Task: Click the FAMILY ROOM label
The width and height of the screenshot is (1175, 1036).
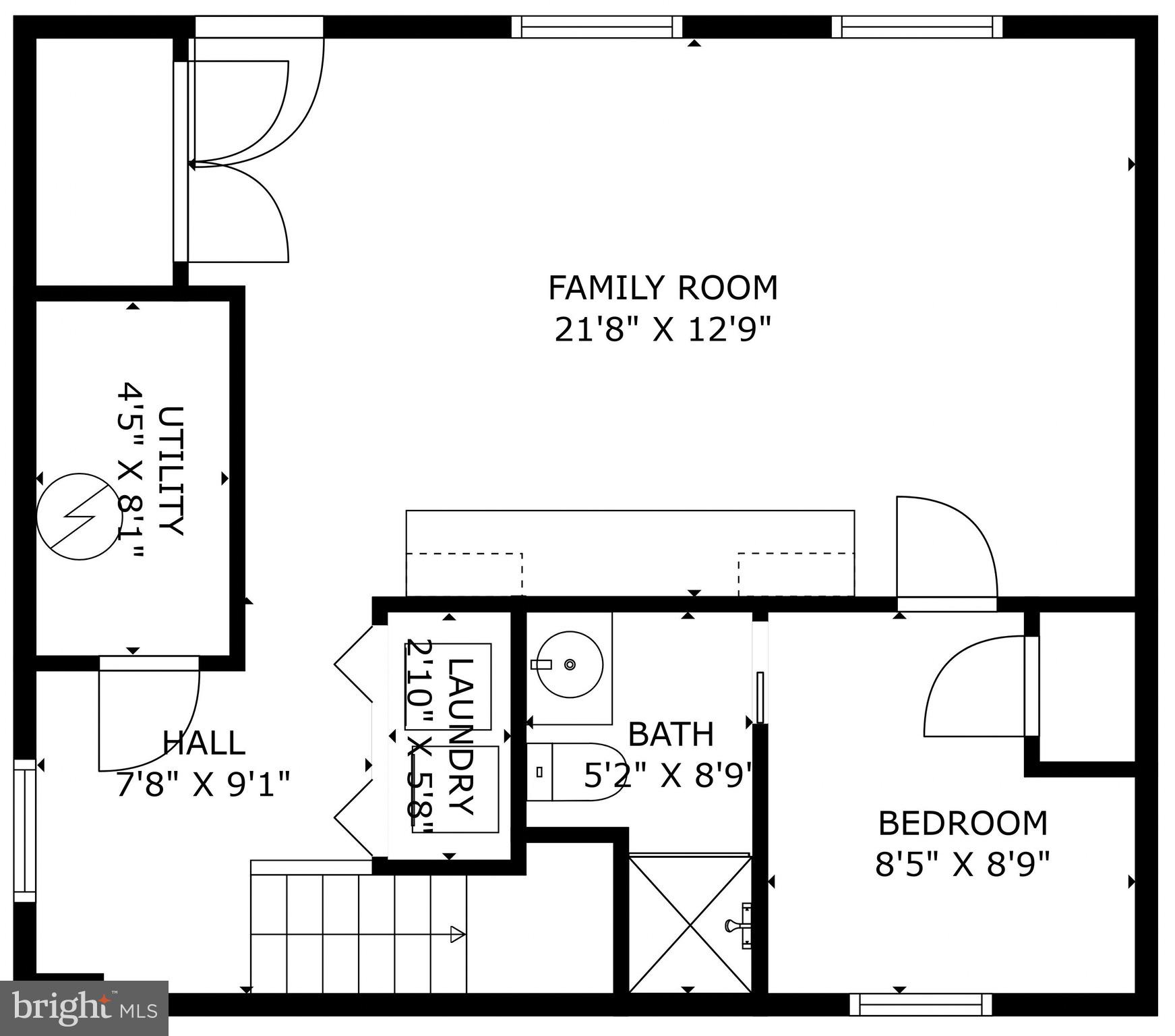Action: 663,288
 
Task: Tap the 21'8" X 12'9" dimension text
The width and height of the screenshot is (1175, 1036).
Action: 663,330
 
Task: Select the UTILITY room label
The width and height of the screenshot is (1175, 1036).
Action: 171,470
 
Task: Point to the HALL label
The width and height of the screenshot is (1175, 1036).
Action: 204,743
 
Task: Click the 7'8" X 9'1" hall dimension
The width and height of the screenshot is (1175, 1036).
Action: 204,784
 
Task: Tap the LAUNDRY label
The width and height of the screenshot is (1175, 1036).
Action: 461,737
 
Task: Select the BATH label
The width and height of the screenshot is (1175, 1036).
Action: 670,734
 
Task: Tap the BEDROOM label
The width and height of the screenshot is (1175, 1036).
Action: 963,823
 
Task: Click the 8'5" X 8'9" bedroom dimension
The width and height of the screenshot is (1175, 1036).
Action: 963,864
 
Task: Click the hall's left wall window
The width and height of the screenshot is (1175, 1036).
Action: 24,831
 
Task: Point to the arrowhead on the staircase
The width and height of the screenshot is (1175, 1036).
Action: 458,934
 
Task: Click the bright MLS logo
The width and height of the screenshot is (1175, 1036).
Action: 84,1008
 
